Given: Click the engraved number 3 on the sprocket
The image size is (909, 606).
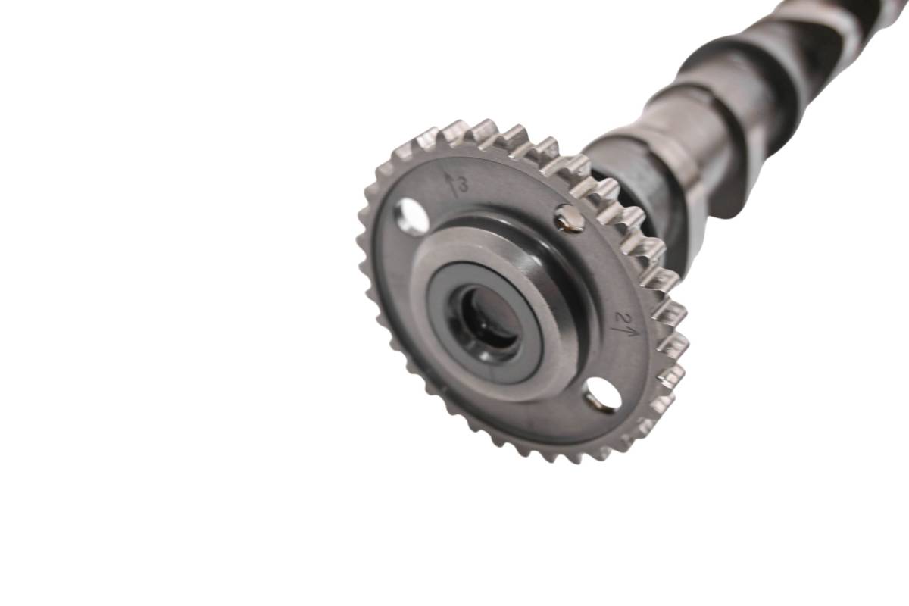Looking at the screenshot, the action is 463,185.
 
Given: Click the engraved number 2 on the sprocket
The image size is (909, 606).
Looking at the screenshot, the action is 620,316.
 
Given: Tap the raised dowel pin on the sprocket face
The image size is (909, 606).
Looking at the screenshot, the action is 569,218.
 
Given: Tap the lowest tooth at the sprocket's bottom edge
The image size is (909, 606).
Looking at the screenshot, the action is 569,458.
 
